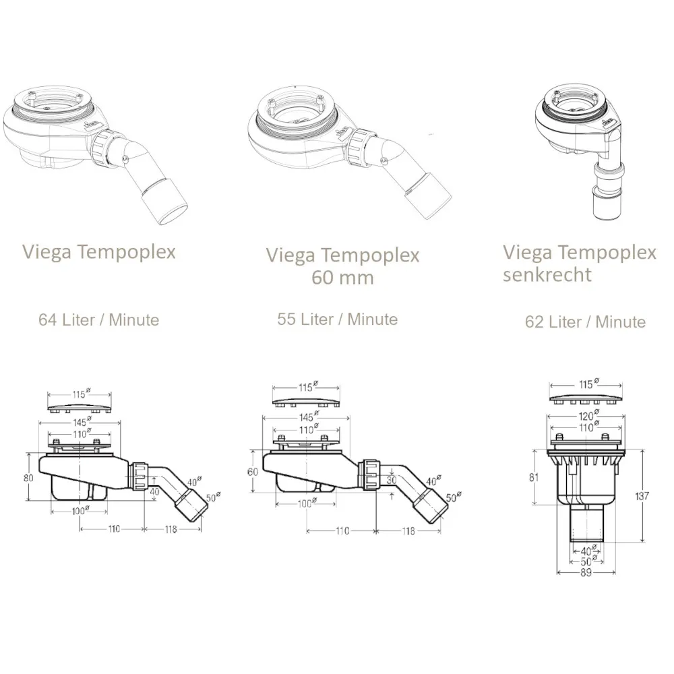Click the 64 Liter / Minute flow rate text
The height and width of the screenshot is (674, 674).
(99, 319)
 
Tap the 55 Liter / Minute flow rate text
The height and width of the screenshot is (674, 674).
(338, 319)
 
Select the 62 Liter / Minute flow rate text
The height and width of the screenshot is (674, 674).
(586, 321)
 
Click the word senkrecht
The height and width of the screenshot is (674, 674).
(547, 274)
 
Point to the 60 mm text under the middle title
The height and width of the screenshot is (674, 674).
(342, 277)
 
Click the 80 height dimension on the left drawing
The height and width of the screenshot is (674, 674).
(28, 478)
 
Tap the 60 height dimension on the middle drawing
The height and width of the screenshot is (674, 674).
(253, 472)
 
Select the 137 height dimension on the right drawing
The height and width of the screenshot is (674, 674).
(642, 495)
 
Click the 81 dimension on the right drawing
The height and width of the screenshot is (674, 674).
(534, 477)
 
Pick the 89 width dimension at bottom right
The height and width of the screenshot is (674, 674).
(586, 572)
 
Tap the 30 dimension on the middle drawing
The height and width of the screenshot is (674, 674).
(392, 480)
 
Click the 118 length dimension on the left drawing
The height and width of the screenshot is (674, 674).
(171, 529)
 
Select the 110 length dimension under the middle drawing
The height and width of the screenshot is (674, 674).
(342, 531)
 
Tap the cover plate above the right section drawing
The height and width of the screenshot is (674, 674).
(586, 398)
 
